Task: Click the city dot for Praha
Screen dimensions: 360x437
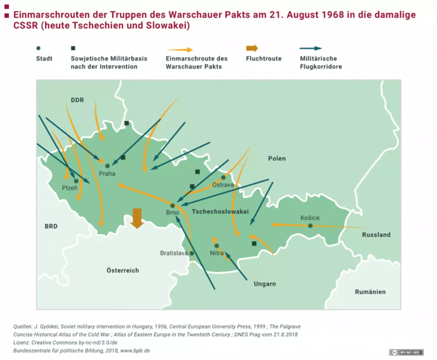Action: pyautogui.click(x=107, y=166)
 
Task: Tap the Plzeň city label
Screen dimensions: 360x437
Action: pyautogui.click(x=70, y=188)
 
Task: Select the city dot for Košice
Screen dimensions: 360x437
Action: pyautogui.click(x=310, y=226)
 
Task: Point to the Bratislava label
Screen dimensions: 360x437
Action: pyautogui.click(x=174, y=253)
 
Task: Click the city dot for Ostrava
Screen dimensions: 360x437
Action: pyautogui.click(x=223, y=177)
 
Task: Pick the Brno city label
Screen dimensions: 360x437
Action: pyautogui.click(x=172, y=212)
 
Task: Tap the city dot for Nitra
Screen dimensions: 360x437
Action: pyautogui.click(x=217, y=246)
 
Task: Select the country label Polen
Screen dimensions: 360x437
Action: pyautogui.click(x=277, y=159)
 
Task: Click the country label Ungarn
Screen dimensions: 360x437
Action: pyautogui.click(x=265, y=284)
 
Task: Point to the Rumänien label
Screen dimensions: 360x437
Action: pyautogui.click(x=370, y=292)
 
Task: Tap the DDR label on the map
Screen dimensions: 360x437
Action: pyautogui.click(x=77, y=100)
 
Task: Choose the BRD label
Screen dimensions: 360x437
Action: pyautogui.click(x=51, y=226)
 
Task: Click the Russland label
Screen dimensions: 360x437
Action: pyautogui.click(x=376, y=235)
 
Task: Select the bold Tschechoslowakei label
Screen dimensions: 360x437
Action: pyautogui.click(x=220, y=211)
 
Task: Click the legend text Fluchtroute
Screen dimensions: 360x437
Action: pyautogui.click(x=264, y=59)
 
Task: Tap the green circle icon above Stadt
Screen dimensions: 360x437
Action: pyautogui.click(x=38, y=48)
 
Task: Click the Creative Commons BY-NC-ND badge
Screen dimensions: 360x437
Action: pyautogui.click(x=406, y=352)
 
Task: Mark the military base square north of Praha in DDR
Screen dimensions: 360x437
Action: pyautogui.click(x=127, y=123)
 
